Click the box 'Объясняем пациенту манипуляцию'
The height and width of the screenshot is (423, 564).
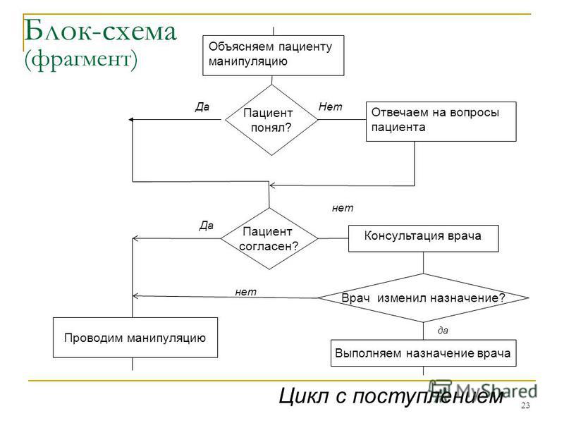[x=274, y=56]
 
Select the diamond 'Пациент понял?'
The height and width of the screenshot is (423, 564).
[x=271, y=120]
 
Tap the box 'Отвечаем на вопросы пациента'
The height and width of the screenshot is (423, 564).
[x=441, y=121]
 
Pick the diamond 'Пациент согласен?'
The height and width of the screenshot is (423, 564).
[x=269, y=238]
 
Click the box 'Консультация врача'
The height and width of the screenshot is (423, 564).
[x=424, y=238]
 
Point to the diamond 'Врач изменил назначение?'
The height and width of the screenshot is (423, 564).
[x=424, y=298]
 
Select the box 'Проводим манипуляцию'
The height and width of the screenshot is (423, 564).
[x=135, y=338]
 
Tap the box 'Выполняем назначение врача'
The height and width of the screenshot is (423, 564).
[x=424, y=353]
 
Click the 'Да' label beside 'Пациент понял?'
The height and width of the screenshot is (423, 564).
[x=202, y=107]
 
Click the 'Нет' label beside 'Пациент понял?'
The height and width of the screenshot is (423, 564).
[x=330, y=106]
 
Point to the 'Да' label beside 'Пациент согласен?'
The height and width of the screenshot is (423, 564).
[x=207, y=226]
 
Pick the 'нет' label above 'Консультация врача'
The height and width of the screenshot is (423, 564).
[x=343, y=208]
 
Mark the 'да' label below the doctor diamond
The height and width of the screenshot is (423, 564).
[x=443, y=330]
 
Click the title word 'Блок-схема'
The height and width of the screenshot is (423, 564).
[x=100, y=31]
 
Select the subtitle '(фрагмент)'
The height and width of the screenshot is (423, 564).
[x=81, y=59]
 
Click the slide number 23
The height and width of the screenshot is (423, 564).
[x=525, y=405]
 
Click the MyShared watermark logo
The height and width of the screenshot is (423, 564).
[x=483, y=391]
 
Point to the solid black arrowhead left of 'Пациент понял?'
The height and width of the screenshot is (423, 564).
[x=131, y=119]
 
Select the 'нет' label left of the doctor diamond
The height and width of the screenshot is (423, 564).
[x=245, y=292]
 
